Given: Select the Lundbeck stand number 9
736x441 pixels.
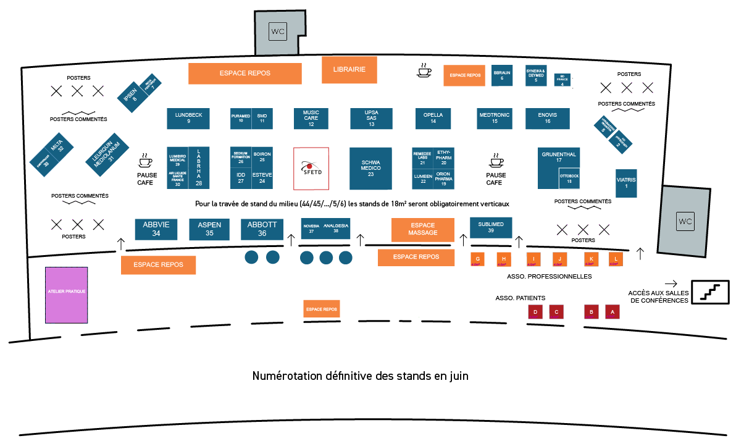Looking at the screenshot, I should pyautogui.click(x=188, y=118).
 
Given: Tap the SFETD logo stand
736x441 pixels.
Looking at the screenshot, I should pyautogui.click(x=311, y=168).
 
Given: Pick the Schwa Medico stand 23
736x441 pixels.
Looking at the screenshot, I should pyautogui.click(x=370, y=168).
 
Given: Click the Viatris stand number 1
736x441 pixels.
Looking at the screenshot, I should pyautogui.click(x=626, y=183).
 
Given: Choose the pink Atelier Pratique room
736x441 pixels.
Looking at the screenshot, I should pyautogui.click(x=66, y=295).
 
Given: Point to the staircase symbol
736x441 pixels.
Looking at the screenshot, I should pyautogui.click(x=709, y=292).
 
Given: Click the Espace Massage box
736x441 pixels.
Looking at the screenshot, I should pyautogui.click(x=422, y=229).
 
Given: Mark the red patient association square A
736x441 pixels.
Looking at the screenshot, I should pyautogui.click(x=612, y=312).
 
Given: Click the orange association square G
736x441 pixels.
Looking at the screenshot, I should pyautogui.click(x=477, y=259).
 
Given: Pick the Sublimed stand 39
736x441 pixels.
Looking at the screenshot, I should pyautogui.click(x=491, y=227).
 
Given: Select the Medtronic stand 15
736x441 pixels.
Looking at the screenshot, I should pyautogui.click(x=495, y=118).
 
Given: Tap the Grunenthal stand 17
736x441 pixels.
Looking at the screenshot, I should pyautogui.click(x=558, y=161).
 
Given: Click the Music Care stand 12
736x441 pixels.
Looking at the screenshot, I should pyautogui.click(x=311, y=118).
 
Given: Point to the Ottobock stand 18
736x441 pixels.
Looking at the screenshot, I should pyautogui.click(x=569, y=178).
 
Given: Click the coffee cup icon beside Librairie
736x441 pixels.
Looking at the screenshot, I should pyautogui.click(x=424, y=70).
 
